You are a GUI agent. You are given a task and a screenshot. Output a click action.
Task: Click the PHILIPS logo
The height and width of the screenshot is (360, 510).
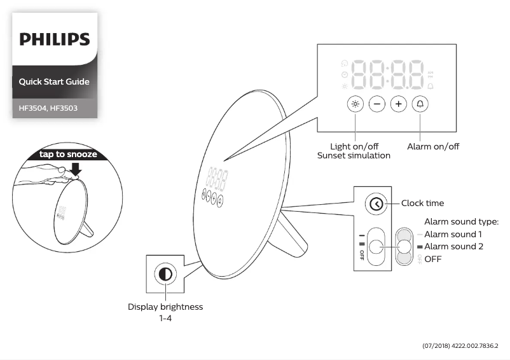pyautogui.click(x=54, y=39)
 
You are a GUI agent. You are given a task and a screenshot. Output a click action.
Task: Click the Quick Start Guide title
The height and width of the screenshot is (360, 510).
pyautogui.click(x=54, y=81)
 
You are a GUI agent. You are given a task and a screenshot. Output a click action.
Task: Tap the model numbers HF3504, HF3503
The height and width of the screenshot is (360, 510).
pyautogui.click(x=48, y=108)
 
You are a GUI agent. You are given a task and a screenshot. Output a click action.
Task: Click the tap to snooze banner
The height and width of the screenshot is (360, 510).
pyautogui.click(x=68, y=154)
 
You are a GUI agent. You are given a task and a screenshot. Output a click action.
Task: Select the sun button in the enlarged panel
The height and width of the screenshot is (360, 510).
pyautogui.click(x=355, y=104)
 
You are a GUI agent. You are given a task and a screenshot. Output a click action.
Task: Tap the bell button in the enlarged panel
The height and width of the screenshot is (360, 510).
pyautogui.click(x=420, y=104)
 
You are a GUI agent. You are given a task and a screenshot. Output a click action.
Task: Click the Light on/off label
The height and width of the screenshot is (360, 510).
pyautogui.click(x=354, y=146)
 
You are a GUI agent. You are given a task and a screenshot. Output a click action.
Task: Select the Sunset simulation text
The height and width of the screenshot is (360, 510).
pyautogui.click(x=354, y=156)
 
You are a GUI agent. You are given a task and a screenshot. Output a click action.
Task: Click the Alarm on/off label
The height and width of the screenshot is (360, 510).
pyautogui.click(x=433, y=146)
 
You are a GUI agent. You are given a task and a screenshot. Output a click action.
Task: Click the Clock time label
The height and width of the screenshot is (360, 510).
pyautogui.click(x=422, y=204)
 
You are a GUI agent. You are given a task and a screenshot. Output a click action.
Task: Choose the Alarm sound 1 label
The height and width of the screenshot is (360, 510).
pyautogui.click(x=453, y=234)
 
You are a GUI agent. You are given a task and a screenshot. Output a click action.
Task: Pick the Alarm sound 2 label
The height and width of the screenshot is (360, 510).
pyautogui.click(x=453, y=246)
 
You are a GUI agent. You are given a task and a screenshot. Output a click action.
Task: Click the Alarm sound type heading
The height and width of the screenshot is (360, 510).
pyautogui.click(x=461, y=222)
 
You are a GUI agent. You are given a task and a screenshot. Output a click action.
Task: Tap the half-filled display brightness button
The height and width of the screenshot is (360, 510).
pyautogui.click(x=165, y=275)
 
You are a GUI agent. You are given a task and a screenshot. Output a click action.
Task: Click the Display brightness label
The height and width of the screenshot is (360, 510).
pyautogui.click(x=165, y=307)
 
